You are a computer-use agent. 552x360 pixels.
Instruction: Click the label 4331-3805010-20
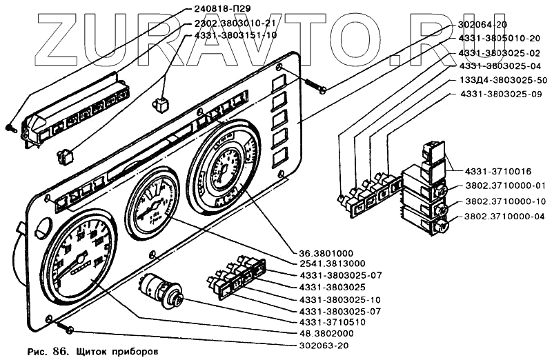point(502,39)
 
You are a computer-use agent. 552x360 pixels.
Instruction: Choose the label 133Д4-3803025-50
point(503,80)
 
